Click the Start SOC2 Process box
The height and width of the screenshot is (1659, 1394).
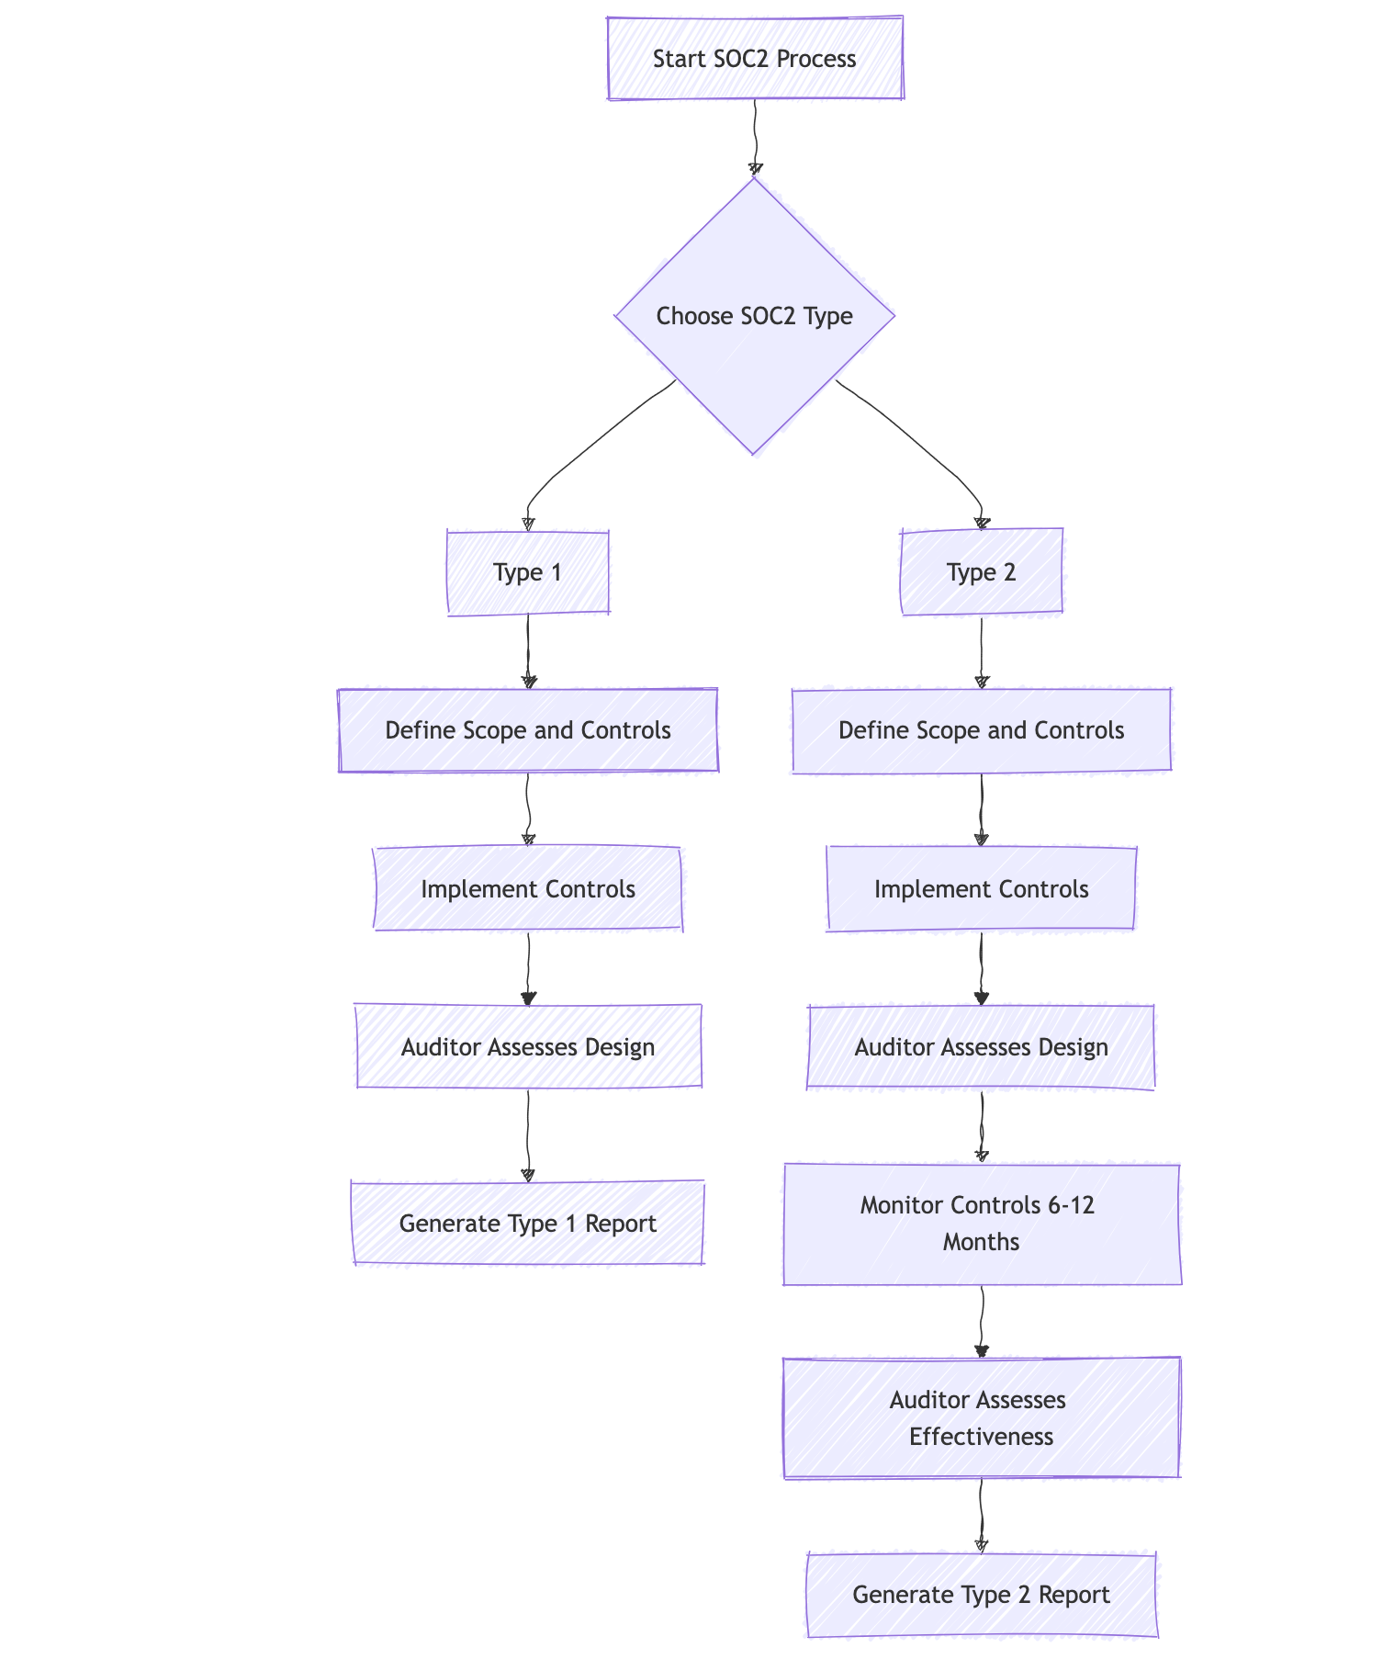(754, 59)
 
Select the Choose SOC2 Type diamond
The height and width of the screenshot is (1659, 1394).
(754, 316)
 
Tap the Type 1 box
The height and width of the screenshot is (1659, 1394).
(527, 572)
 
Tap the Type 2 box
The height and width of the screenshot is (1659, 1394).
(981, 572)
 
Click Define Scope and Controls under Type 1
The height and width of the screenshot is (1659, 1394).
(527, 730)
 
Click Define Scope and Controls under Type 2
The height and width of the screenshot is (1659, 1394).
(981, 730)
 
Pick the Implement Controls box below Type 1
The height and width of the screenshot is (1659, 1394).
(527, 889)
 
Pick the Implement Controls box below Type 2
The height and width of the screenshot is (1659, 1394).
(981, 889)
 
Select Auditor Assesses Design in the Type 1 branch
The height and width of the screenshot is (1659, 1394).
(527, 1047)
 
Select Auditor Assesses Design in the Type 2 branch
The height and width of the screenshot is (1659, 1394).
(981, 1047)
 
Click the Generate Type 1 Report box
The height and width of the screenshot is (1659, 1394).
(527, 1224)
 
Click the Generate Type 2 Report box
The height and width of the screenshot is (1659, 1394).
(981, 1595)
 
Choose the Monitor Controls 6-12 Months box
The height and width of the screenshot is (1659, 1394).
(981, 1224)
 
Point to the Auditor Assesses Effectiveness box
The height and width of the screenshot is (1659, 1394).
(981, 1418)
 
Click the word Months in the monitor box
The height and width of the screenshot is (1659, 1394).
(981, 1243)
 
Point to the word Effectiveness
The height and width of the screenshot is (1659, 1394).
(981, 1438)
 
